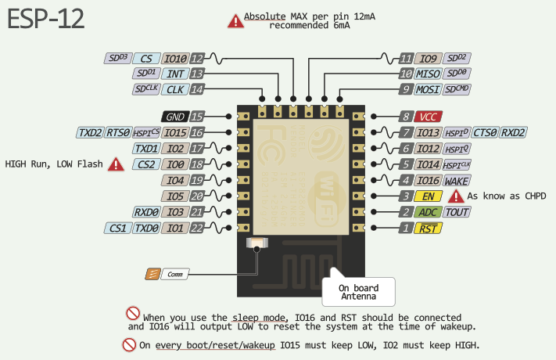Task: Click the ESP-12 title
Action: click(x=46, y=21)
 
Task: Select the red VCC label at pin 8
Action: click(x=428, y=116)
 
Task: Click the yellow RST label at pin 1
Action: click(x=428, y=229)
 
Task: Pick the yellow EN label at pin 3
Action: click(x=428, y=196)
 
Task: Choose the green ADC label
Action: click(x=428, y=212)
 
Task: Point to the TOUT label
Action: click(x=457, y=212)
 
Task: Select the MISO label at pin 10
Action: click(x=428, y=74)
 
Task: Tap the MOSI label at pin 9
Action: click(x=428, y=89)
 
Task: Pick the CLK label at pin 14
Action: click(x=174, y=89)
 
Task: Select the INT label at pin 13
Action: click(x=174, y=74)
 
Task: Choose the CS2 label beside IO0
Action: click(x=146, y=164)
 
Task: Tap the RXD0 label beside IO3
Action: click(x=146, y=212)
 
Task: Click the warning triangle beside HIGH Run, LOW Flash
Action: click(x=116, y=164)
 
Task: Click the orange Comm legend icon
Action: click(x=152, y=274)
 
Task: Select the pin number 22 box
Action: click(x=197, y=229)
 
